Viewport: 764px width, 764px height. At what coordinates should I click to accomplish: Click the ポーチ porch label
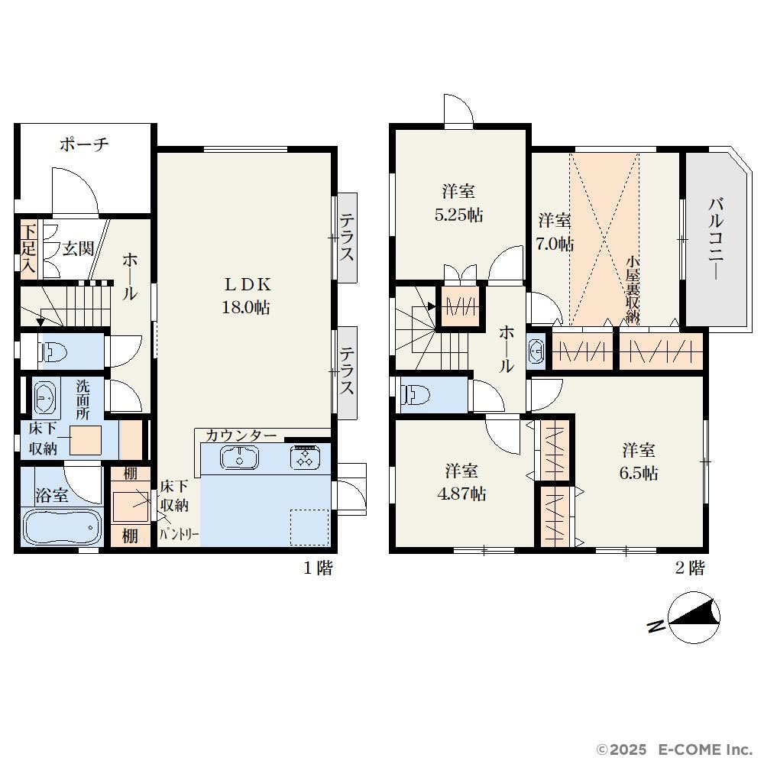coord(84,144)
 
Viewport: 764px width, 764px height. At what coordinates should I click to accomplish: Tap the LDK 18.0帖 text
coord(246,296)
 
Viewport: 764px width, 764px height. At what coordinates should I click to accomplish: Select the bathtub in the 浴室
coord(61,528)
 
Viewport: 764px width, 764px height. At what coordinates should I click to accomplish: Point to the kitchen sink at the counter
coord(239,458)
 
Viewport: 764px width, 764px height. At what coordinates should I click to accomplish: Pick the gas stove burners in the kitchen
coord(305,458)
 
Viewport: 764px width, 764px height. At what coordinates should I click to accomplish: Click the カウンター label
coord(241,435)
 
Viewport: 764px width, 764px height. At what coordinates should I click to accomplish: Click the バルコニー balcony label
coord(715,238)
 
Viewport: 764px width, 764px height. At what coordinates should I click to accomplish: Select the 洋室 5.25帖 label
coord(458,202)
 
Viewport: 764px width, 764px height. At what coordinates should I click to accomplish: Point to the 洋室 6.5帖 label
coord(639,461)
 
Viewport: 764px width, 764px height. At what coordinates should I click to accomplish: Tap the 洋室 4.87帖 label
coord(461,482)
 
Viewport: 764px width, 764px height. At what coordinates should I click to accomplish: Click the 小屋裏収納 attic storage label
coord(633,290)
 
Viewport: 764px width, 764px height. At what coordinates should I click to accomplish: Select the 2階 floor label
coord(689,568)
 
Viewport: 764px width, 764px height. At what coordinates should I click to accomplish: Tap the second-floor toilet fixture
coord(415,395)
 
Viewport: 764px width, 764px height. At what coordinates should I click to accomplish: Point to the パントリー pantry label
coord(180,535)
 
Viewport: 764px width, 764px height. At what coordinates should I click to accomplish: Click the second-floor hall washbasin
coord(536,351)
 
